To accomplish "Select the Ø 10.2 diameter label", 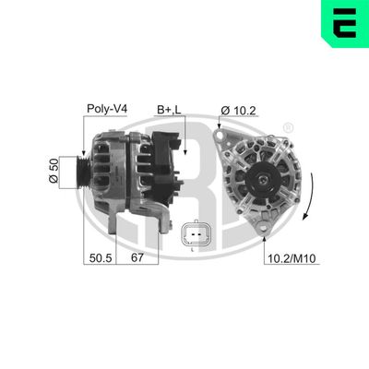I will pos(237,111).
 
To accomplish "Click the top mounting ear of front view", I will pos(220,136).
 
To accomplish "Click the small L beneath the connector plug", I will pos(191,249).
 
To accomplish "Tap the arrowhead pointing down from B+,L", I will pos(184,153).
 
